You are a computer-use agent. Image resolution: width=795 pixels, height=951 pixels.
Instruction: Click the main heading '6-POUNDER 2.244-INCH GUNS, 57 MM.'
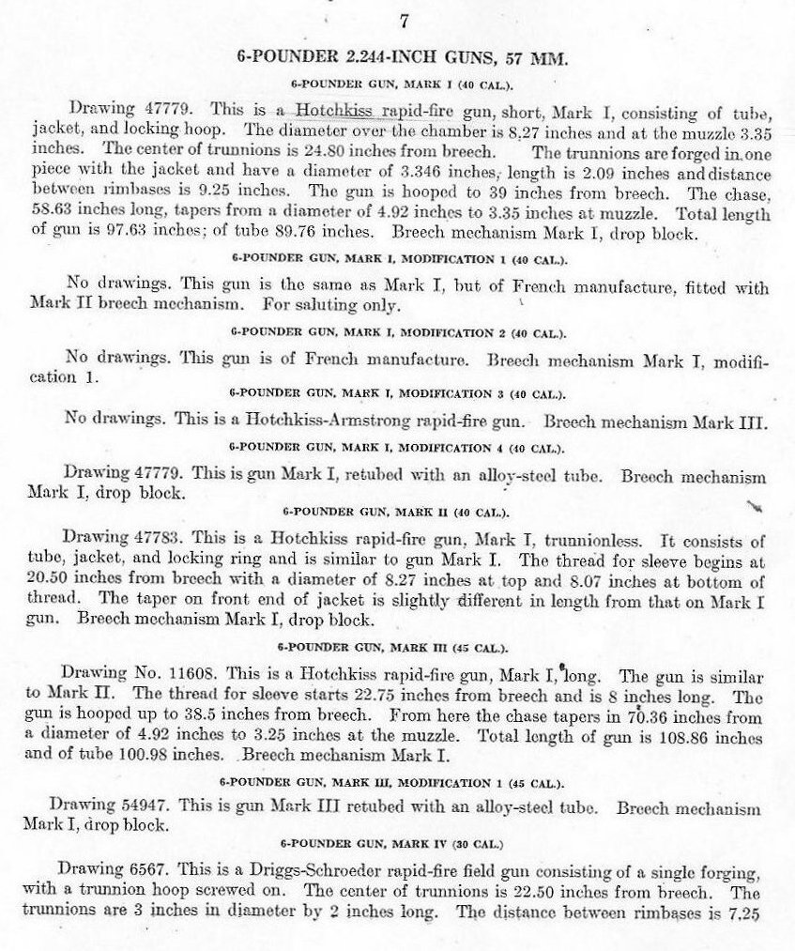404,58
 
